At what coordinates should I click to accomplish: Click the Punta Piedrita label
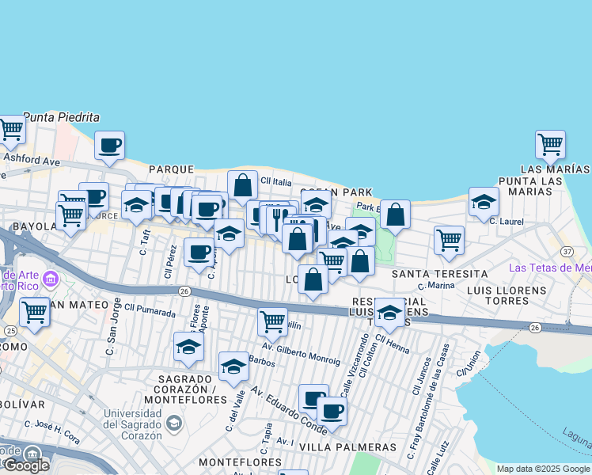[x=62, y=117]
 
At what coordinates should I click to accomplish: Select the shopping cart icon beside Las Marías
[x=550, y=145]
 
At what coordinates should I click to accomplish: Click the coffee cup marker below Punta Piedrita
[x=110, y=146]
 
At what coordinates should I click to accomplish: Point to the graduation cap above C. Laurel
[x=484, y=202]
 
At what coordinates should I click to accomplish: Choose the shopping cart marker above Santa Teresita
[x=449, y=239]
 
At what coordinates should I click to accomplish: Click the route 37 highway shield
[x=567, y=251]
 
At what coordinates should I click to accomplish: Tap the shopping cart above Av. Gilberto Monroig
[x=272, y=321]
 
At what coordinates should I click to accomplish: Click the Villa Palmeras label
[x=349, y=447]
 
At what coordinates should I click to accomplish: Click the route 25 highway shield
[x=10, y=330]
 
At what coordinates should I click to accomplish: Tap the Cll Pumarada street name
[x=150, y=310]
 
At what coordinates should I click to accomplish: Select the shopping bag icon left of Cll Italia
[x=243, y=185]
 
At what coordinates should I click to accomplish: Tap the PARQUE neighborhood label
[x=171, y=169]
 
